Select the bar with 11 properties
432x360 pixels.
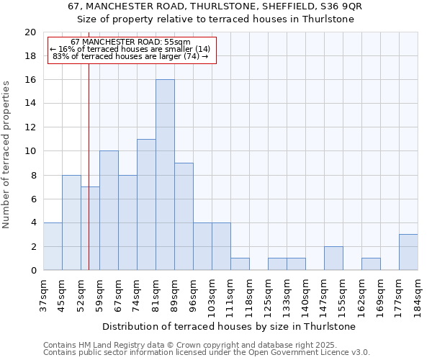(146, 204)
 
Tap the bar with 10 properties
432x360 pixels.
(109, 210)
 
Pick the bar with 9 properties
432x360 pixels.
(184, 217)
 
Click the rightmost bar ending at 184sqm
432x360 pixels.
(408, 252)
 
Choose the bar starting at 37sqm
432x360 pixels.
(53, 246)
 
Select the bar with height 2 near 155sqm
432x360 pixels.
(333, 258)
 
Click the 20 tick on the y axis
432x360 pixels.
(30, 32)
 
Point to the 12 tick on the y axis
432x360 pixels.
(30, 127)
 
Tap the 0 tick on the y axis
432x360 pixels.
(32, 271)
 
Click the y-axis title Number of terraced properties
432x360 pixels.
(7, 155)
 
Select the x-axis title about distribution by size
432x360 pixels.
(230, 326)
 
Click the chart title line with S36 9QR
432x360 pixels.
(215, 6)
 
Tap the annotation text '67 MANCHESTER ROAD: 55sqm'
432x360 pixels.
(131, 42)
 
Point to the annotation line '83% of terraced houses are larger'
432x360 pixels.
(130, 56)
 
